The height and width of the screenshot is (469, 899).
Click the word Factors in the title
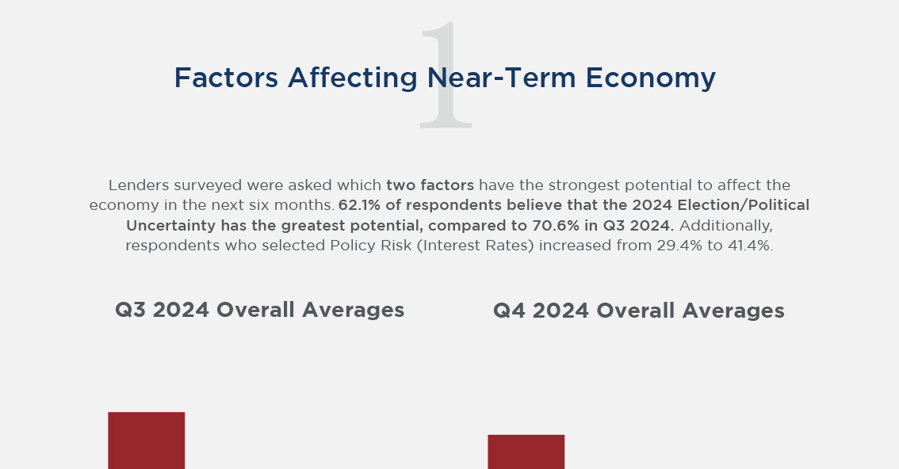click(x=226, y=78)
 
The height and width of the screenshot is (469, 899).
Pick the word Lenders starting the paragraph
click(x=136, y=185)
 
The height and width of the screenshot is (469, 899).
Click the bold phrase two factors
click(x=430, y=185)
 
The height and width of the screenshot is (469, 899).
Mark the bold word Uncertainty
click(x=171, y=225)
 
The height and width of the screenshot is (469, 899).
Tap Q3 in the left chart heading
click(x=131, y=310)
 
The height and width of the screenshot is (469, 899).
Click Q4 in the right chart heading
click(x=510, y=311)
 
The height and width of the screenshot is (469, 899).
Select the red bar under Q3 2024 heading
click(x=147, y=440)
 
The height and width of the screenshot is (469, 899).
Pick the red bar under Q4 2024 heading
click(x=526, y=452)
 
